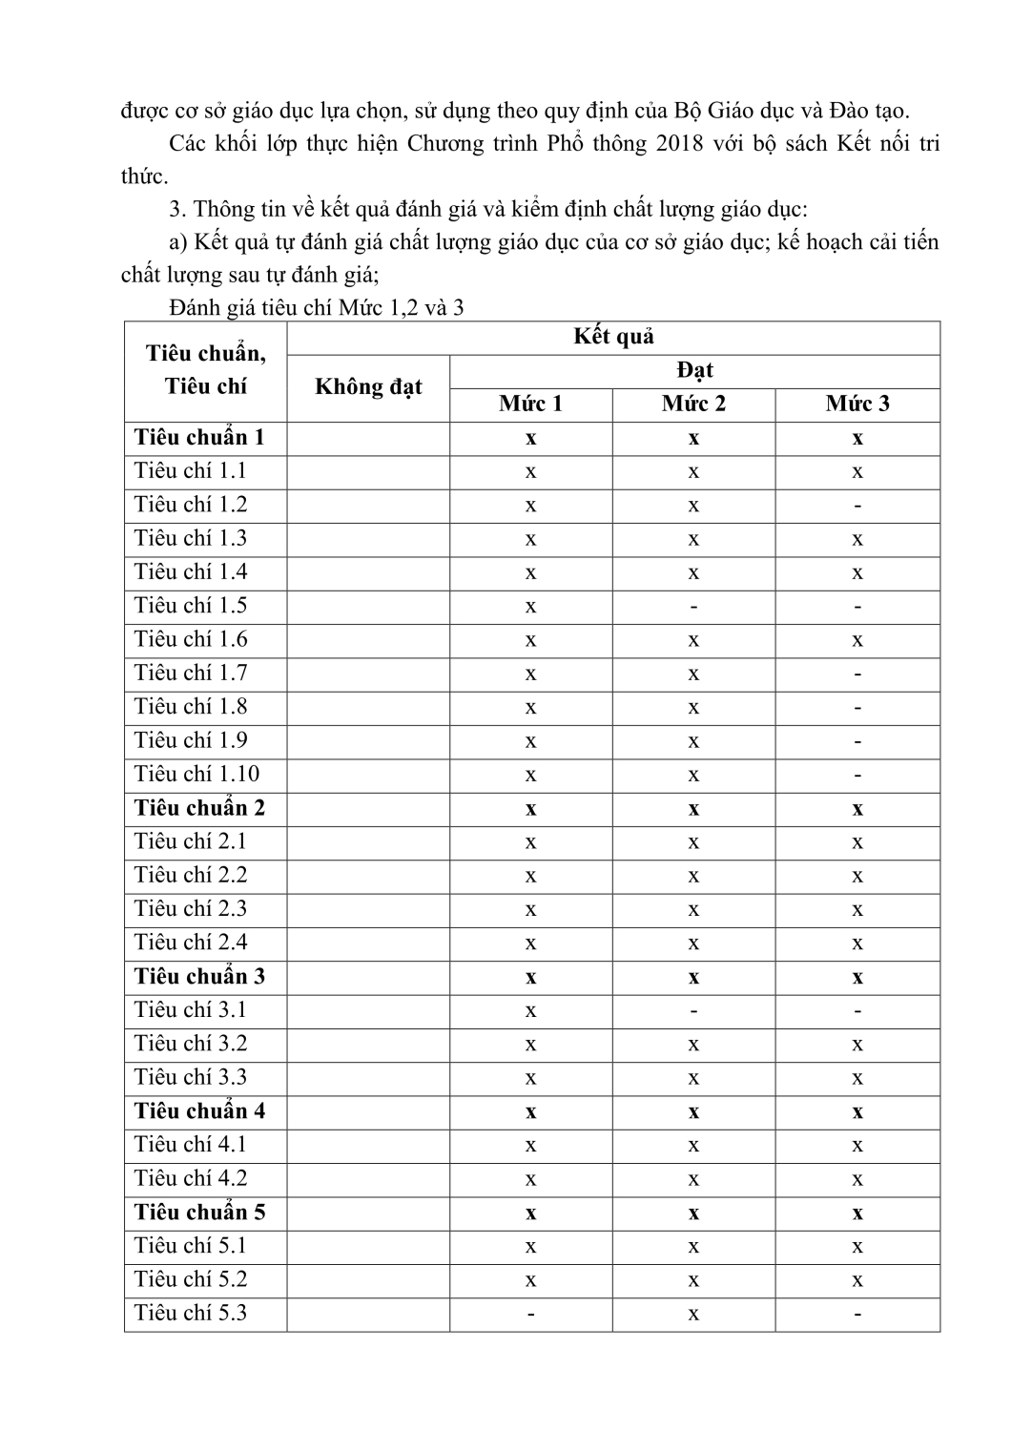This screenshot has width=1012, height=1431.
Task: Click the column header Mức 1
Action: coord(530,404)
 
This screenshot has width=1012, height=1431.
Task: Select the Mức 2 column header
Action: coord(693,404)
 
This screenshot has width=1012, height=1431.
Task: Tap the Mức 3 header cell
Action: coord(857,404)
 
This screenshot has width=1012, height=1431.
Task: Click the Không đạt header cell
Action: coord(368,387)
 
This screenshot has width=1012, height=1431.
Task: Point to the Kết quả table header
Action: coord(613,337)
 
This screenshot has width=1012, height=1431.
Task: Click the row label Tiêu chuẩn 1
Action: coord(199,438)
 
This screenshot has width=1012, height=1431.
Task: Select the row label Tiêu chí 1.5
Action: coord(191,606)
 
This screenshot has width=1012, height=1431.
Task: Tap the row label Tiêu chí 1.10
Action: coord(196,774)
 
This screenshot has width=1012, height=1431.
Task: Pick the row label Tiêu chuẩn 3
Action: coord(199,976)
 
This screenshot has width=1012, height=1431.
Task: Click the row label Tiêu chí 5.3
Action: coord(191,1313)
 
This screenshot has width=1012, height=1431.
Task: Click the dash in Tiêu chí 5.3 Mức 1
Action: coord(530,1314)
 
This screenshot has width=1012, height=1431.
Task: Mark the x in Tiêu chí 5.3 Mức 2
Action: coord(693,1314)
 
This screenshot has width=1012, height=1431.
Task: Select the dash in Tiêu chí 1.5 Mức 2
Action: coord(693,607)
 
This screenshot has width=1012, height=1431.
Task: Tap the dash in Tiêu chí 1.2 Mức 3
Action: coord(857,506)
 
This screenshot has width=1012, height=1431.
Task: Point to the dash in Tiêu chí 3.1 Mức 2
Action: coord(693,1010)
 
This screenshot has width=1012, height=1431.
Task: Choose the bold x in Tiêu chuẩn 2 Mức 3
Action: coord(857,809)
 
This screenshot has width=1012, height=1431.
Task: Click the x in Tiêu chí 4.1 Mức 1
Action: coord(530,1146)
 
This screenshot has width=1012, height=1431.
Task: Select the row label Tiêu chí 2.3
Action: coord(191,909)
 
